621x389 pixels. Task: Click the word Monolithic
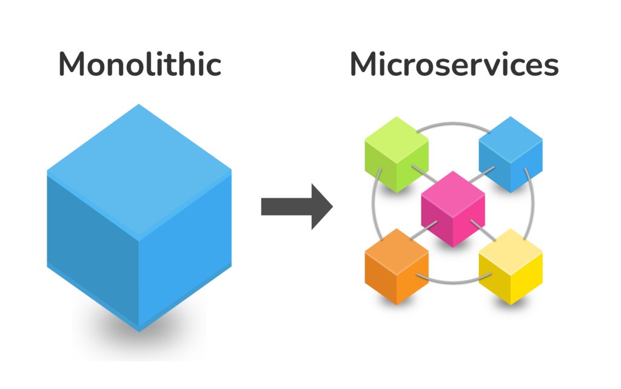139,65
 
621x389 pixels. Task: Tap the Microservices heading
454,65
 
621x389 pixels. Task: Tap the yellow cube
510,266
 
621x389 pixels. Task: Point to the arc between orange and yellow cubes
454,281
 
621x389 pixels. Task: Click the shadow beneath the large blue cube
139,339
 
